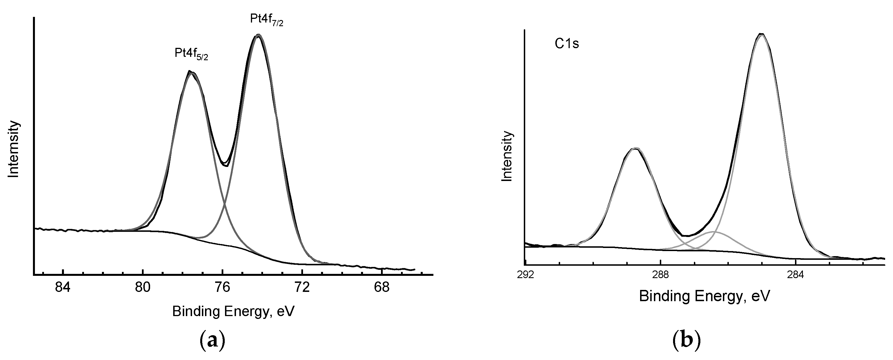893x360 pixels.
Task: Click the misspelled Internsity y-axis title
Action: pos(14,149)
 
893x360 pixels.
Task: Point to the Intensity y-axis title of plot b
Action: pos(507,156)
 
